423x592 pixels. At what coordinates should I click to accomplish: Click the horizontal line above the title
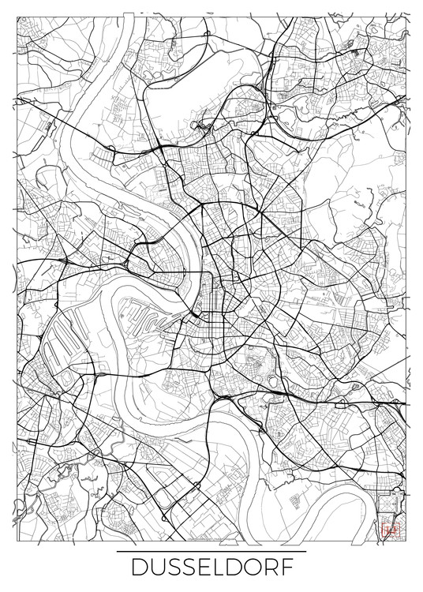[211, 550]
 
